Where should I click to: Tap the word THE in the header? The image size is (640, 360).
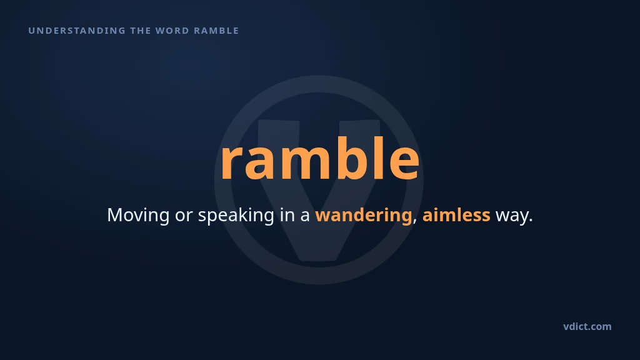[x=141, y=31]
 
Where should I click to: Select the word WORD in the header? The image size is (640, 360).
[x=172, y=31]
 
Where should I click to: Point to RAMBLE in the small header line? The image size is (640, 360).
[x=216, y=31]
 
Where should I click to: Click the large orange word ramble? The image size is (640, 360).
[x=320, y=158]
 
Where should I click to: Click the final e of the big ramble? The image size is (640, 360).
[x=404, y=163]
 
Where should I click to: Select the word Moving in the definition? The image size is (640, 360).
[x=138, y=215]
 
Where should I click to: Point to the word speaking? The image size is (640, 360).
[x=236, y=215]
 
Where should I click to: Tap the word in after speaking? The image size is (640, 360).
[x=287, y=215]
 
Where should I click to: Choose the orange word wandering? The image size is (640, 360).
[x=363, y=215]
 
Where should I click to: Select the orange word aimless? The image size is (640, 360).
[x=456, y=215]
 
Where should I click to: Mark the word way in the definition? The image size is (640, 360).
[x=512, y=217]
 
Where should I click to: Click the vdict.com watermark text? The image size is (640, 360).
[x=587, y=326]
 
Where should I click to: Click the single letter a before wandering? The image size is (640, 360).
[x=305, y=217]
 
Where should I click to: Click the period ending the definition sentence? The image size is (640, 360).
[x=531, y=221]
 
